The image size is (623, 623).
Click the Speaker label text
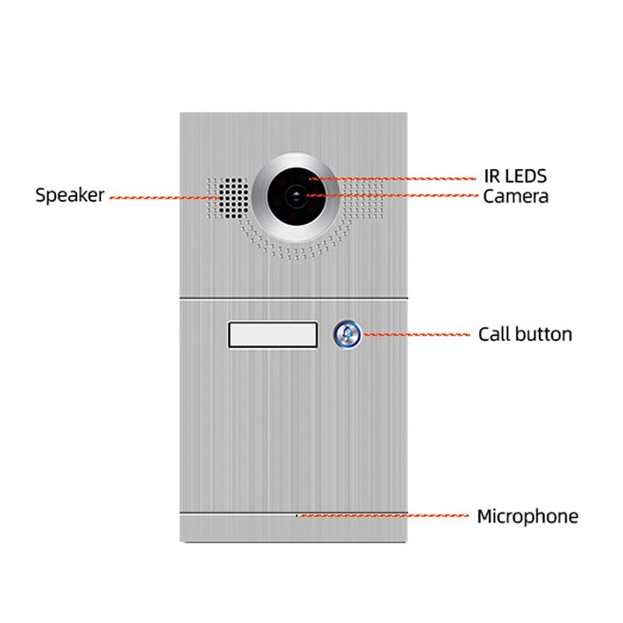69,195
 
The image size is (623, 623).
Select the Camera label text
516,196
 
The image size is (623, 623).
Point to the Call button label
525,335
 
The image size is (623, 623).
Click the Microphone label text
527,516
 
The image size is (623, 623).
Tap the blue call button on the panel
347,335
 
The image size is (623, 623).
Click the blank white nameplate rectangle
273,335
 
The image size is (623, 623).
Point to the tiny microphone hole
297,515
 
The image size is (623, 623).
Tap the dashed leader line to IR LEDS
405,179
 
